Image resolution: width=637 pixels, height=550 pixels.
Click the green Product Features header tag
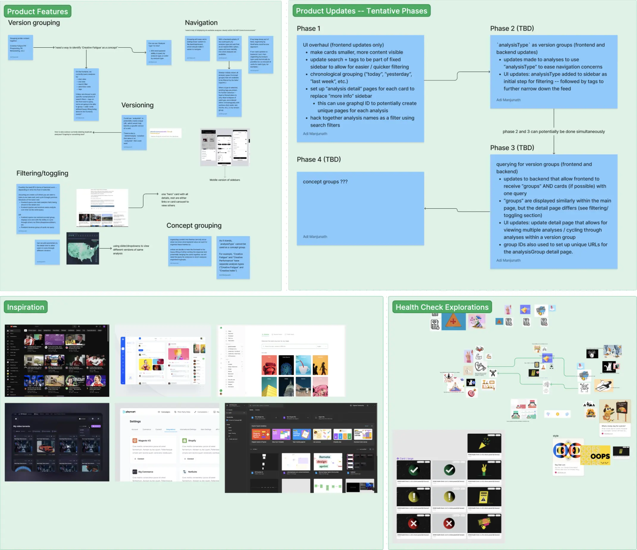37,11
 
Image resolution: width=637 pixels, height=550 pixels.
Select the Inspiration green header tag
26,307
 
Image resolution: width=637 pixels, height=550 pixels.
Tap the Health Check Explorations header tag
442,307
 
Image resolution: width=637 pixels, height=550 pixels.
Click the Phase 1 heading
308,29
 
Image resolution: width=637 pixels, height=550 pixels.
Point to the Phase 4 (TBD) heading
318,159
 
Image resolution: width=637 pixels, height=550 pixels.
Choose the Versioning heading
137,105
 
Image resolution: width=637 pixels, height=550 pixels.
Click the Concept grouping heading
194,226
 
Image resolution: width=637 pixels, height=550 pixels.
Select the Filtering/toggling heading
43,173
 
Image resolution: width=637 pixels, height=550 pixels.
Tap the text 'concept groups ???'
325,182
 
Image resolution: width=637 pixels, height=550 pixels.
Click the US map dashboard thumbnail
83,249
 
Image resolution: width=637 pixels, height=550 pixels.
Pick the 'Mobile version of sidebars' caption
225,180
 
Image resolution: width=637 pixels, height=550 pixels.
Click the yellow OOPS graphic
596,455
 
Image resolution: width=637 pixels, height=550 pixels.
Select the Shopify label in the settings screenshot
192,440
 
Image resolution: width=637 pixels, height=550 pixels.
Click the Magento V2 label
144,440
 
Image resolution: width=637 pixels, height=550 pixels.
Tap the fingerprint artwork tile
286,365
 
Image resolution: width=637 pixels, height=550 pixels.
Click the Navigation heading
201,23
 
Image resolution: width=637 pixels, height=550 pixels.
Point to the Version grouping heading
34,23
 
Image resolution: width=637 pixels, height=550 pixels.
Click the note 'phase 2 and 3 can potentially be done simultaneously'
553,132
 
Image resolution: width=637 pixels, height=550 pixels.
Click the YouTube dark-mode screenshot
57,360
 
